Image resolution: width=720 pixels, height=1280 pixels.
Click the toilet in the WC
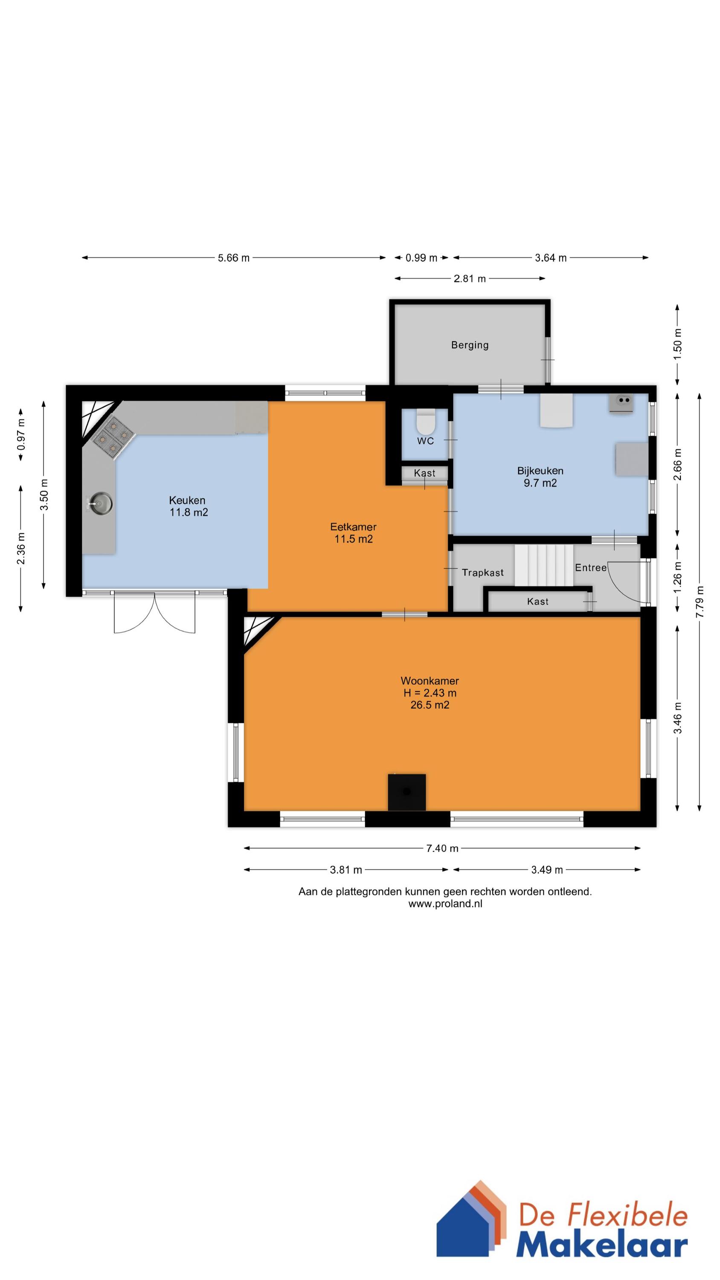(425, 422)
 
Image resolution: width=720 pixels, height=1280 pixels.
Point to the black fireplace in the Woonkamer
(406, 791)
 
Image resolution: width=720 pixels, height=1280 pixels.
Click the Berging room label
(470, 345)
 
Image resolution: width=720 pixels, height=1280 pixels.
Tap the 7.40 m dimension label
(442, 848)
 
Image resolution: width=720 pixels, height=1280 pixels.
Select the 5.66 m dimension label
(234, 258)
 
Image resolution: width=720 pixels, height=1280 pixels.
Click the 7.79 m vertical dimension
(700, 601)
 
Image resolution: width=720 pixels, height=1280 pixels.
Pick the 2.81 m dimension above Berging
(470, 279)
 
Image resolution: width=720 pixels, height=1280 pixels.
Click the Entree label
(590, 567)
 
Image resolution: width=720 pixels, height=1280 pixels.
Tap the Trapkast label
(482, 573)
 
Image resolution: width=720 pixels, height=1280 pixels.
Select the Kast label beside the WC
(424, 473)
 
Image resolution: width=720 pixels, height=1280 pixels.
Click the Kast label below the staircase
(537, 601)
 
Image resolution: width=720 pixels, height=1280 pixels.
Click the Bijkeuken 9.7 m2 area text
(540, 483)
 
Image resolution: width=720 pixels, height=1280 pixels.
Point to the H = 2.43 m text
(430, 692)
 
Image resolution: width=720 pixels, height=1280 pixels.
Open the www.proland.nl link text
(445, 904)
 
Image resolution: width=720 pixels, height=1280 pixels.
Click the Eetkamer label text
(353, 527)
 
